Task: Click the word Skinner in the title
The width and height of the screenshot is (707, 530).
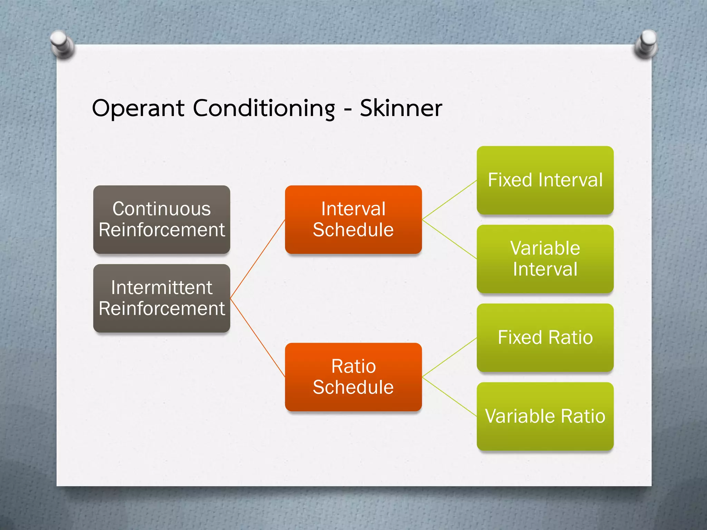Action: click(401, 108)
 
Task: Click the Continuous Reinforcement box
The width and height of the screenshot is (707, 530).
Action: click(162, 219)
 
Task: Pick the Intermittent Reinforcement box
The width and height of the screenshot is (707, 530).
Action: click(162, 298)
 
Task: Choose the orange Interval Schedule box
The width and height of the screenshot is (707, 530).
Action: click(353, 219)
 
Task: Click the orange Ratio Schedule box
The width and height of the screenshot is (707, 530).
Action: click(353, 377)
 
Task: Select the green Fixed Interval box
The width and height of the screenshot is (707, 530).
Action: click(545, 180)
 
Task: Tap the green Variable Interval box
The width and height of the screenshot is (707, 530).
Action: click(545, 259)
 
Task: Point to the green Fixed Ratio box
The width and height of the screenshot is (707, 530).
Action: click(545, 337)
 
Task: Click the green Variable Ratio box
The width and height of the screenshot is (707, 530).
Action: click(545, 416)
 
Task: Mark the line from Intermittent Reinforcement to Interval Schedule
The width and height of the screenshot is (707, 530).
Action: click(257, 259)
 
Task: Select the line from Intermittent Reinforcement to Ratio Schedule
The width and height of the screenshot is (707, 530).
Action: click(257, 337)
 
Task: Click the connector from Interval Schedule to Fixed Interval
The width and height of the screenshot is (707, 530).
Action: click(449, 200)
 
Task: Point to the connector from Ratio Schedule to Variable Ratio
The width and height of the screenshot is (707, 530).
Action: click(449, 397)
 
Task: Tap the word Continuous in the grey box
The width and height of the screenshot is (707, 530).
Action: click(162, 209)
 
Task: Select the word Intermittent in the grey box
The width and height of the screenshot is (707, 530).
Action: click(162, 288)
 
